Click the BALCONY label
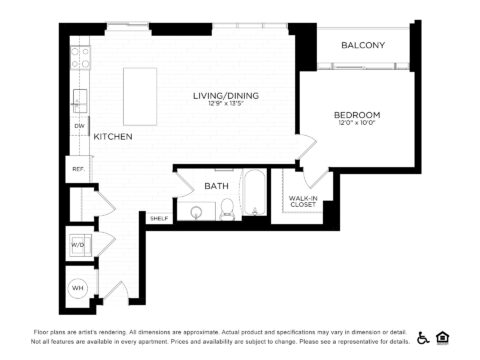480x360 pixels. (x=363, y=45)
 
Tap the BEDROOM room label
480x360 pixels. (x=356, y=115)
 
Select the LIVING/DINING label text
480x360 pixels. (x=226, y=95)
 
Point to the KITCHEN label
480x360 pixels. (x=113, y=136)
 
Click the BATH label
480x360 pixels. (x=216, y=186)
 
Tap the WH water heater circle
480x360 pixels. (x=78, y=288)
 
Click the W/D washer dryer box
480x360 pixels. (x=78, y=244)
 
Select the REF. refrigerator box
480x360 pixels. (x=77, y=169)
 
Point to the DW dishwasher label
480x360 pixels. (x=79, y=126)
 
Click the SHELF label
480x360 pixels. (x=158, y=217)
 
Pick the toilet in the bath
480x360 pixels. (x=228, y=209)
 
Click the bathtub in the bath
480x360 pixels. (x=255, y=196)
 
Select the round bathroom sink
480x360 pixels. (x=196, y=211)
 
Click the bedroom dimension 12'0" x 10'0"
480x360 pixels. (x=356, y=124)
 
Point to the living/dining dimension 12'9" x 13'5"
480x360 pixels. (x=226, y=104)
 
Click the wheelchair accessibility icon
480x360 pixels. (x=422, y=337)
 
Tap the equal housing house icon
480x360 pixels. (x=442, y=337)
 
